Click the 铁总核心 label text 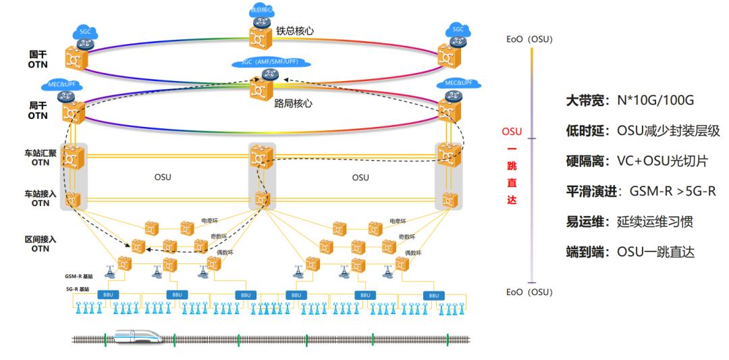click(295, 31)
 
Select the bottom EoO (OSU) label click(530, 292)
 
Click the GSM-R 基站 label click(80, 276)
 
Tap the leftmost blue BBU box click(107, 295)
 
